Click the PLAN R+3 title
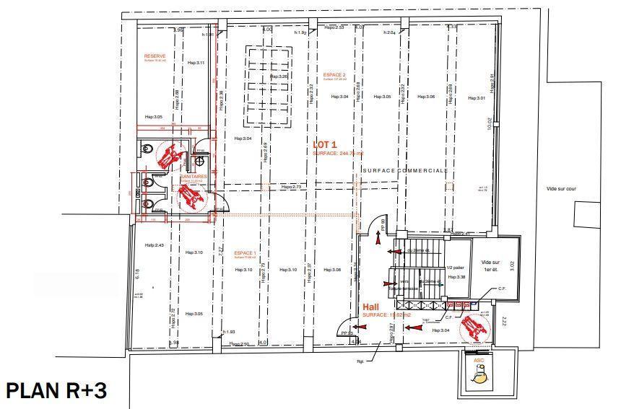click(x=56, y=391)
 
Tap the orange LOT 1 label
click(x=325, y=144)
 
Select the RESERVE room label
click(x=155, y=56)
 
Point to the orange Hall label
click(x=370, y=307)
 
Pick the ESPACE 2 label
click(x=334, y=75)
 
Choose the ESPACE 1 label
click(x=244, y=253)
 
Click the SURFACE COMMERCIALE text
click(x=405, y=170)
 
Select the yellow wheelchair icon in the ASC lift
click(x=477, y=372)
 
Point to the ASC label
click(x=478, y=359)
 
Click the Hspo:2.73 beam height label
click(x=292, y=187)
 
